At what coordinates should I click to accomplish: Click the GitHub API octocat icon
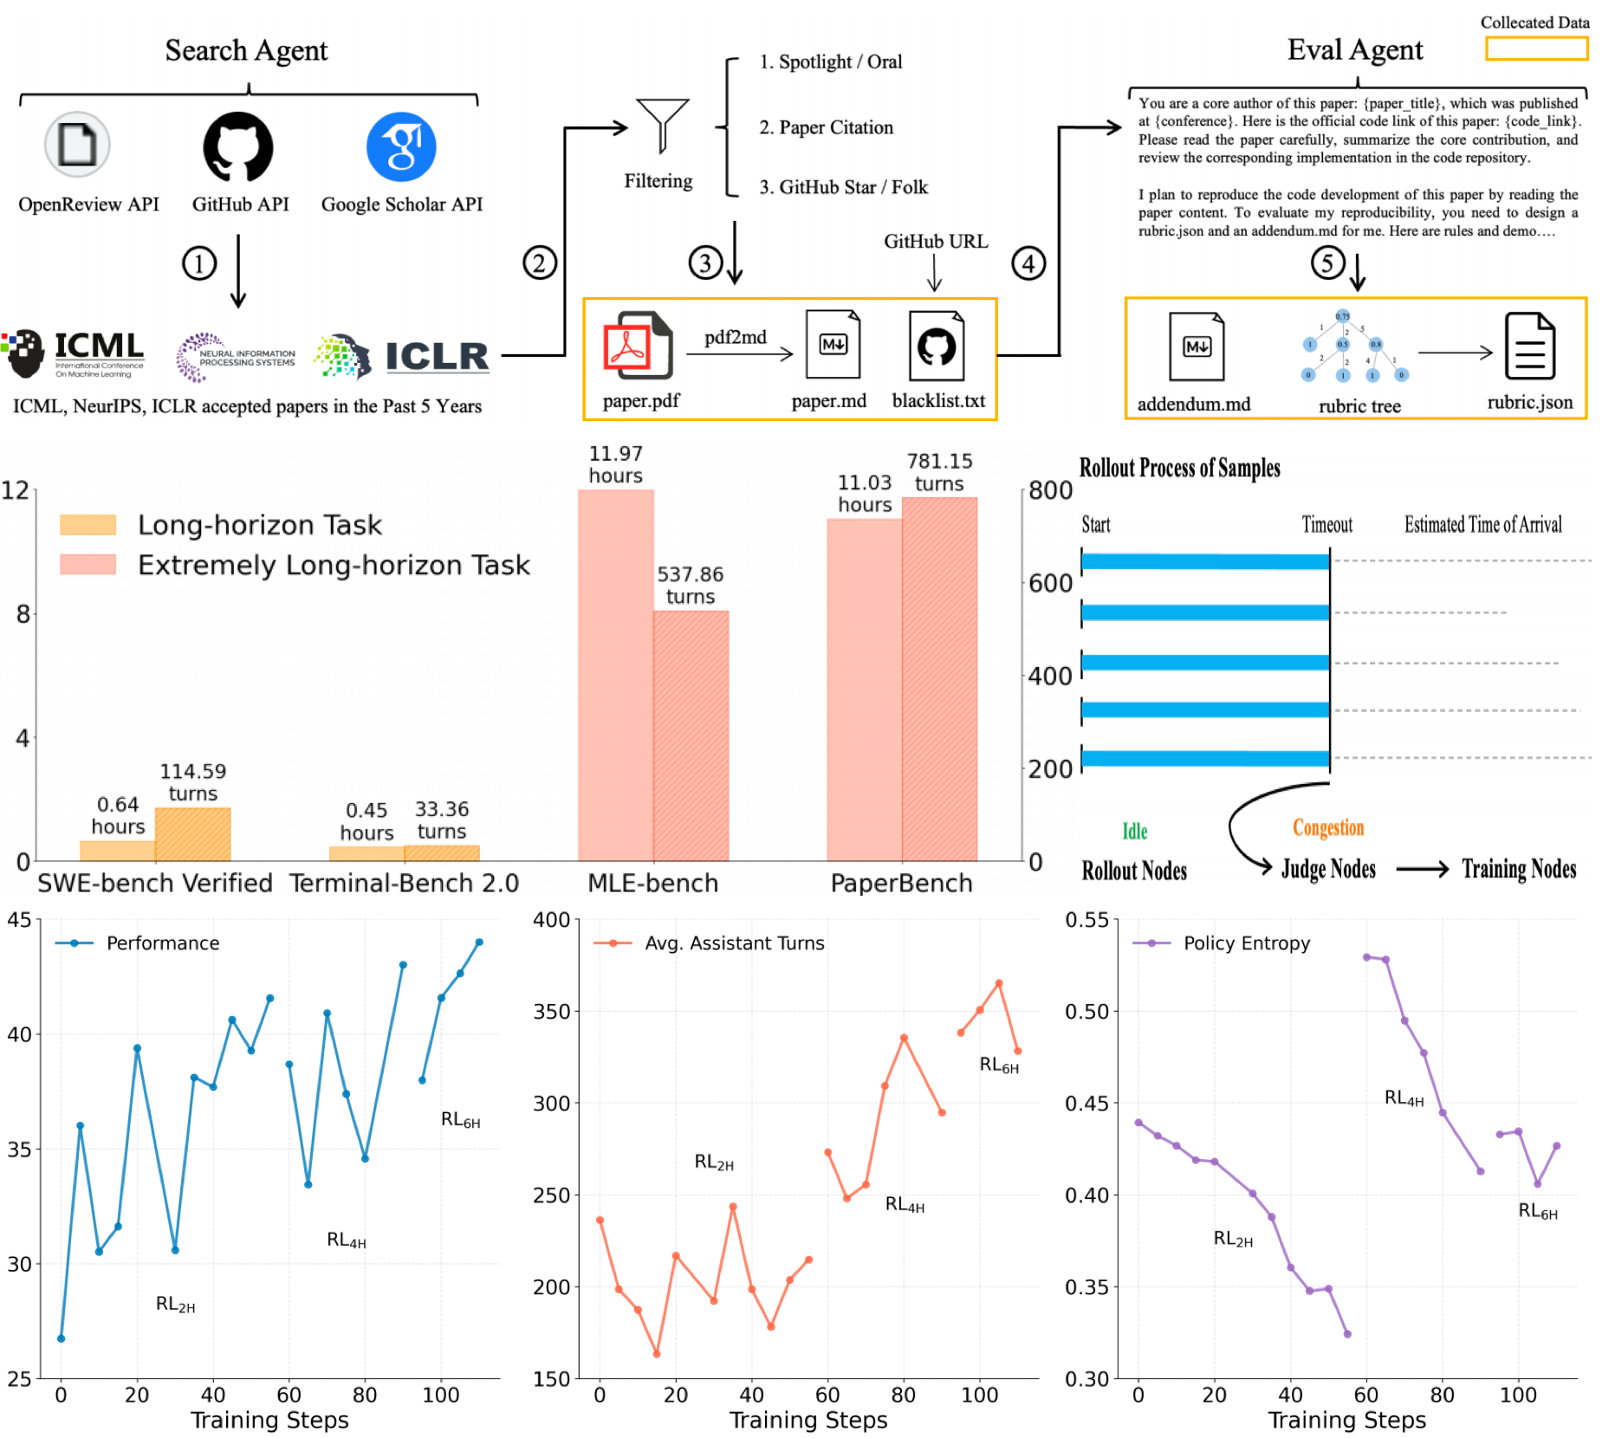tap(238, 146)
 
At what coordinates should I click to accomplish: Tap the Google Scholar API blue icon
tap(401, 146)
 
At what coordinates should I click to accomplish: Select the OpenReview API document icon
tap(77, 145)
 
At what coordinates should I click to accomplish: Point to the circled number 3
tap(705, 262)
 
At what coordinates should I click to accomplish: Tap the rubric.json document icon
tap(1529, 347)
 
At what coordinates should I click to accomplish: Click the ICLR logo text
tap(437, 356)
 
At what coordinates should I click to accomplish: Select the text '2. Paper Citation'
tap(826, 127)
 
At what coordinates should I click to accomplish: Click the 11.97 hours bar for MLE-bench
tap(616, 676)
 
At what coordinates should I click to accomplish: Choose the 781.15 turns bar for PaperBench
tap(939, 679)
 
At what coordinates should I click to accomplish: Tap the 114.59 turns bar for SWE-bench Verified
tap(192, 834)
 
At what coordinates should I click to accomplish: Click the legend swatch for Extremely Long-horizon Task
tap(88, 565)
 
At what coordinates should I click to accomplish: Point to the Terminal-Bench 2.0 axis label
tap(404, 883)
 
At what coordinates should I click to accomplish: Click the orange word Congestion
tap(1328, 827)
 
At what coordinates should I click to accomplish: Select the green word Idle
tap(1134, 832)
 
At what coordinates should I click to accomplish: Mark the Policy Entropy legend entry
tap(1221, 942)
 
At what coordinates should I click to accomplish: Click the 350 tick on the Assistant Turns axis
tap(551, 1011)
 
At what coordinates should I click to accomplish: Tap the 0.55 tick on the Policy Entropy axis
tap(1086, 920)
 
